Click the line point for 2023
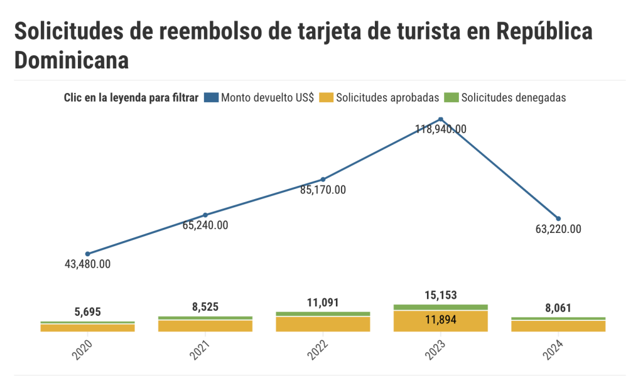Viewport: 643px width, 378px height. coord(441,119)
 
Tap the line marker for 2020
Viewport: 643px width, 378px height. coord(87,254)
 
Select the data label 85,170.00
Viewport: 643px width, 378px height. coord(323,190)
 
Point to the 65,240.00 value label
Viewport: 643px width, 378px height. coord(205,225)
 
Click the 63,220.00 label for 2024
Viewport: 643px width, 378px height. coord(558,229)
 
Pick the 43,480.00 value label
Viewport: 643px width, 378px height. coord(87,264)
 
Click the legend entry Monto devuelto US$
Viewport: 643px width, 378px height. coord(261,97)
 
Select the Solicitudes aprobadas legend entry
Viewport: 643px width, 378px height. coord(381,97)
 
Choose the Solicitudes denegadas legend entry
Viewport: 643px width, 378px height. coord(507,97)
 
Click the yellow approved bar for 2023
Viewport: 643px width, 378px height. coord(441,321)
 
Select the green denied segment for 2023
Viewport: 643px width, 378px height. coord(441,307)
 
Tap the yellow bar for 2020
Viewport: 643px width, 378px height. coord(87,328)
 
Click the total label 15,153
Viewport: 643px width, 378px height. coord(441,295)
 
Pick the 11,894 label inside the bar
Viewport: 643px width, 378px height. coord(441,320)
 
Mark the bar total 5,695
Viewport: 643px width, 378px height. coord(87,312)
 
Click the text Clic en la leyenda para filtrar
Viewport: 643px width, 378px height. coord(131,97)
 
